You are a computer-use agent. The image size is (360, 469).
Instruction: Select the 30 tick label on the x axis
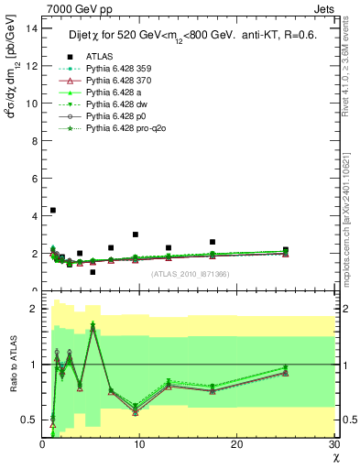tap(334, 443)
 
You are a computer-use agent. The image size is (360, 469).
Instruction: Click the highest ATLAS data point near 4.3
tap(53, 211)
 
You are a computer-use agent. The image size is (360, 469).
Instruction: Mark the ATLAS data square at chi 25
tap(286, 250)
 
